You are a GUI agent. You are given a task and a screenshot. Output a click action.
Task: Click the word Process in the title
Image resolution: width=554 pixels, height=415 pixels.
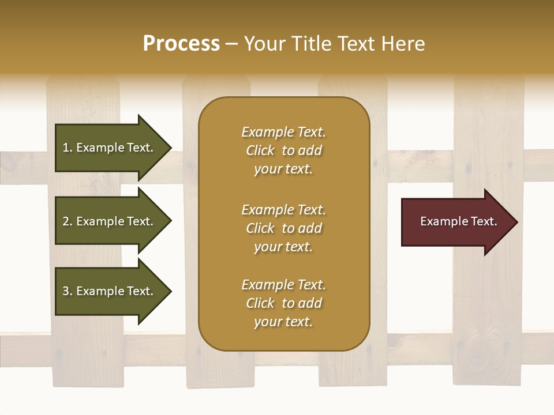(181, 44)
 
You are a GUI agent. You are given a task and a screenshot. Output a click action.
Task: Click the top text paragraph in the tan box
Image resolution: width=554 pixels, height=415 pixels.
(283, 150)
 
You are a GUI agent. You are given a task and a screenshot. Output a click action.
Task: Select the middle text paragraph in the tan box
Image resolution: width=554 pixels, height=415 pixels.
(283, 228)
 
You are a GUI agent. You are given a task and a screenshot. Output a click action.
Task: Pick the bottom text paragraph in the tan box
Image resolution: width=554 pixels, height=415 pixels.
(283, 303)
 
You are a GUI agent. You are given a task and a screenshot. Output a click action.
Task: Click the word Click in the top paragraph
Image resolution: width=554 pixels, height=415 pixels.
(260, 150)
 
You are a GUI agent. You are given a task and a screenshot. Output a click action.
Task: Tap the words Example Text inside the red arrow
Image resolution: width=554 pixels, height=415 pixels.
(458, 221)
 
